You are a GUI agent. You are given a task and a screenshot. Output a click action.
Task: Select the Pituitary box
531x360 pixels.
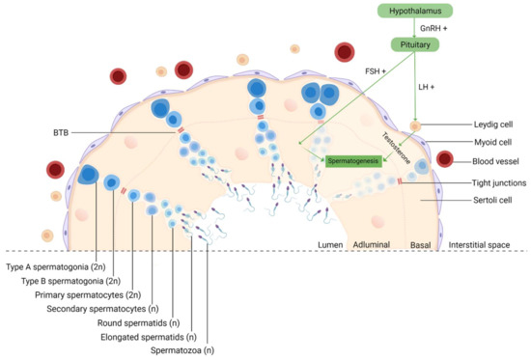415,44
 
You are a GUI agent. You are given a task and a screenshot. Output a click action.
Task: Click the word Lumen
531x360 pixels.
331,245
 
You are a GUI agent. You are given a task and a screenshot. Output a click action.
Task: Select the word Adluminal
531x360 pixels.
371,245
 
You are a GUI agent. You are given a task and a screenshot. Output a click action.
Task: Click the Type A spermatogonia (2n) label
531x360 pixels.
53,265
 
